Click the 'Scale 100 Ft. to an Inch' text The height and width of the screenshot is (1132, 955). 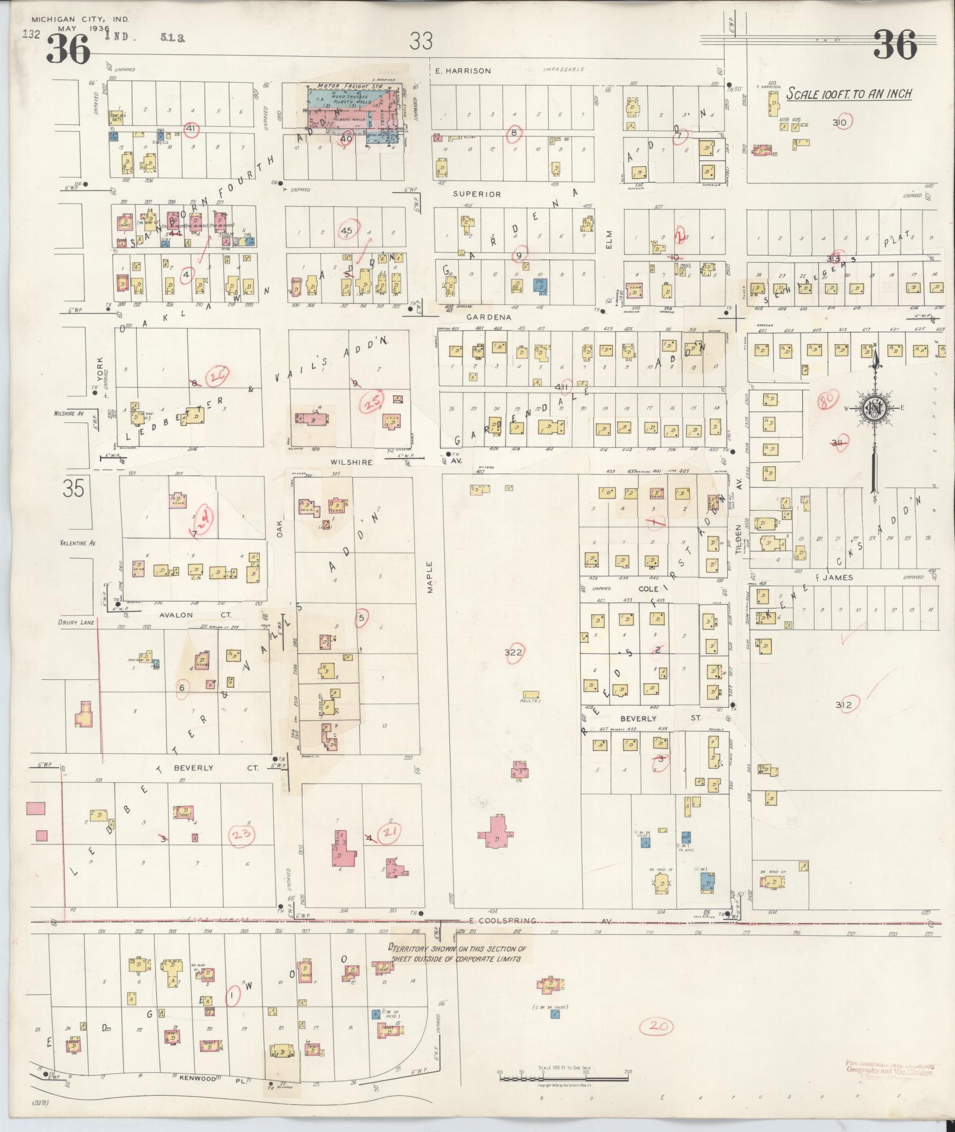coord(848,93)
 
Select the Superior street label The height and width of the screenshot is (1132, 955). coord(477,193)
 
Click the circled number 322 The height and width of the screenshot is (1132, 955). coord(513,652)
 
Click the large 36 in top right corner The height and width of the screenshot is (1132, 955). coord(895,44)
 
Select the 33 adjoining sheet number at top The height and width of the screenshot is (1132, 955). coord(421,41)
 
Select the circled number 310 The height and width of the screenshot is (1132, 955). coord(840,122)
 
